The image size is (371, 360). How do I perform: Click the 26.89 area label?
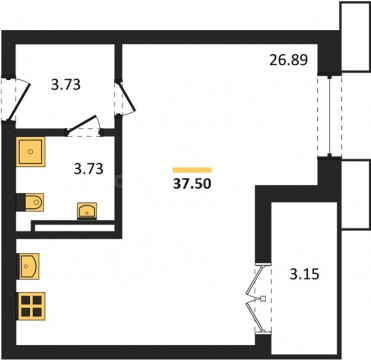click(x=288, y=60)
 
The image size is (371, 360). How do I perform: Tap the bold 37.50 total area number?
click(x=192, y=184)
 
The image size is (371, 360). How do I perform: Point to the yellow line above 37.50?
click(x=192, y=170)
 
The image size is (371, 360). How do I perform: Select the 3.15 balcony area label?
click(x=305, y=274)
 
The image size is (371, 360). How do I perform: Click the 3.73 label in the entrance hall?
click(x=66, y=85)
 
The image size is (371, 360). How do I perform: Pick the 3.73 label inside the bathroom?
click(x=88, y=169)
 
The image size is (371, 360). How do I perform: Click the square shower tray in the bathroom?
click(x=30, y=152)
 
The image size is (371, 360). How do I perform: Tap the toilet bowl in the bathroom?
click(x=34, y=202)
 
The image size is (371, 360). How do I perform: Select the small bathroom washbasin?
click(x=87, y=211)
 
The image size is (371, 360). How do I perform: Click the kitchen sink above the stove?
click(x=29, y=266)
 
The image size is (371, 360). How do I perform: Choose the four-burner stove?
click(x=32, y=306)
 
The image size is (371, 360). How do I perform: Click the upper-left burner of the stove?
click(x=26, y=300)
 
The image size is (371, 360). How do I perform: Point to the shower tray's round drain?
click(x=30, y=152)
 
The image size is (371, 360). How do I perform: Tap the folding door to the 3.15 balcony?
click(x=257, y=298)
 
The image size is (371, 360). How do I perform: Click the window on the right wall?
click(x=329, y=116)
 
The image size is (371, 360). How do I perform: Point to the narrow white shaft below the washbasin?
click(x=75, y=228)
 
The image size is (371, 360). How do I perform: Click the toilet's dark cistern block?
click(x=21, y=202)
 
